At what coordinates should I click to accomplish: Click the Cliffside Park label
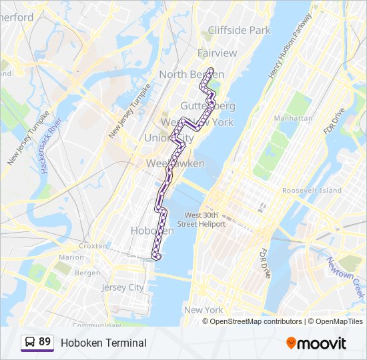(240, 30)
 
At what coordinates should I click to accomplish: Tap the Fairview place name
(217, 53)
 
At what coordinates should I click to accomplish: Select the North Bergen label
(191, 75)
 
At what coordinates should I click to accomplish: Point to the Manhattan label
(293, 118)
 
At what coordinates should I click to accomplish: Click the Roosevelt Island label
(312, 191)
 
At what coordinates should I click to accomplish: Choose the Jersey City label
(122, 287)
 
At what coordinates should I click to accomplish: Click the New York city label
(204, 310)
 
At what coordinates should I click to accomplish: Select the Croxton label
(93, 246)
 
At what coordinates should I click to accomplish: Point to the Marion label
(71, 257)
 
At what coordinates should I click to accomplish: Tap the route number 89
(45, 342)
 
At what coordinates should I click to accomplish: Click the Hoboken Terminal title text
(103, 343)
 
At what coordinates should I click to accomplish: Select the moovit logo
(316, 343)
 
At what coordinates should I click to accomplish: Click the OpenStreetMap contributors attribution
(256, 321)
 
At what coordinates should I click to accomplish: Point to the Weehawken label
(166, 163)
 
